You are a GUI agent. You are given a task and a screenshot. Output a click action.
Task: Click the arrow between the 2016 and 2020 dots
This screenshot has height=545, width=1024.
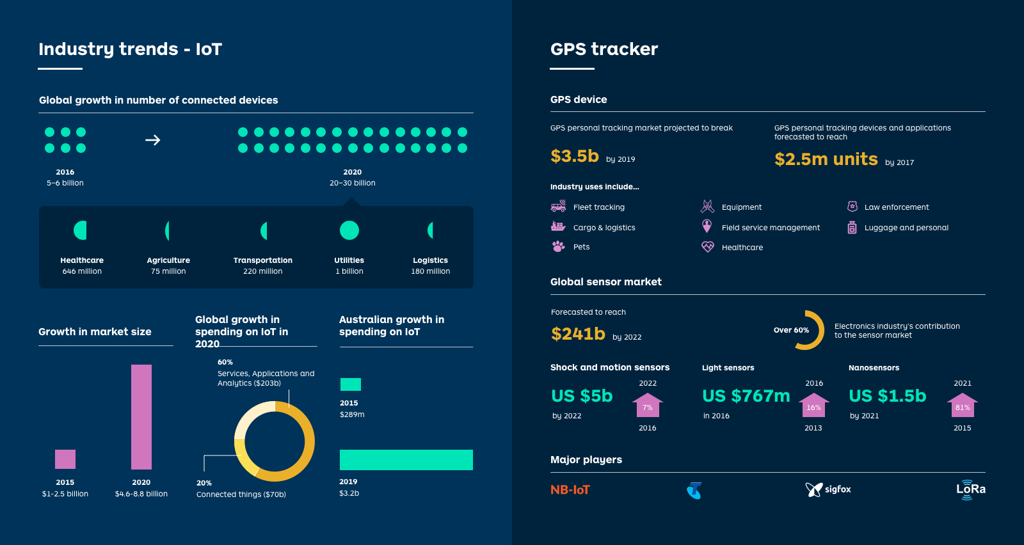click(x=152, y=140)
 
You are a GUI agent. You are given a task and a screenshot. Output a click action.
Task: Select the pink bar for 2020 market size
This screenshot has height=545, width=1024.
click(x=141, y=416)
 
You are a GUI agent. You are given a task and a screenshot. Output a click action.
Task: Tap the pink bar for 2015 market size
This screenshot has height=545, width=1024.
click(x=65, y=459)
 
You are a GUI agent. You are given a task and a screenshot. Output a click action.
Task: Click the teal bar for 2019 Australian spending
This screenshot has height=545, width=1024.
click(x=406, y=460)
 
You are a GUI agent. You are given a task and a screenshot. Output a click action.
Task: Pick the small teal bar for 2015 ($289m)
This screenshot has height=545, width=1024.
click(x=351, y=384)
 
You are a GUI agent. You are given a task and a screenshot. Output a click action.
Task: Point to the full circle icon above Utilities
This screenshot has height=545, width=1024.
click(x=349, y=230)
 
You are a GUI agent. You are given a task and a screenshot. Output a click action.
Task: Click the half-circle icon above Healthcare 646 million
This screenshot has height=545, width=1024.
click(x=81, y=230)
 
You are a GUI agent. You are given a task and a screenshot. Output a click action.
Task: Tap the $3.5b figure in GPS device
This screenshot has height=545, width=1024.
click(x=575, y=156)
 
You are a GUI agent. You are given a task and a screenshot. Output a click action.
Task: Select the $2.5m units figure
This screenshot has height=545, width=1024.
click(x=826, y=159)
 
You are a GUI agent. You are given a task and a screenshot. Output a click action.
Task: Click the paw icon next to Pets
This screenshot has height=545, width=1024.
click(x=558, y=246)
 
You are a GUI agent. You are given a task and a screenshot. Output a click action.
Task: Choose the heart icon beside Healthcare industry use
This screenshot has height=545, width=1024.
click(x=707, y=247)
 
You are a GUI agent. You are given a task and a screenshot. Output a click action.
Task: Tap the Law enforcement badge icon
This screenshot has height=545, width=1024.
click(x=852, y=207)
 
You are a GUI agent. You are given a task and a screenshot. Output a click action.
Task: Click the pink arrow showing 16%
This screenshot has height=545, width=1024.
click(x=813, y=406)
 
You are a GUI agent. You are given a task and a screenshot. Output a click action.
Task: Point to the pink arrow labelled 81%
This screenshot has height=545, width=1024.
click(x=963, y=406)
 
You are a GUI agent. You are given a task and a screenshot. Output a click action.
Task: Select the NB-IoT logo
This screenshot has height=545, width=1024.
click(x=570, y=490)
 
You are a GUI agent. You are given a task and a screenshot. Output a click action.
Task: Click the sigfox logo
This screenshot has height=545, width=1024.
click(x=828, y=489)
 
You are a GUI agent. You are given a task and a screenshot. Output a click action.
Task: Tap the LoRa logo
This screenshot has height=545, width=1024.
click(x=970, y=489)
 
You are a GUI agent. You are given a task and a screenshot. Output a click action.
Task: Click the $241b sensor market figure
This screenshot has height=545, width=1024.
click(x=578, y=334)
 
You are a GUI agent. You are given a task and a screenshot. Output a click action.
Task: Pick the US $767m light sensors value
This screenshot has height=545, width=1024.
click(x=746, y=396)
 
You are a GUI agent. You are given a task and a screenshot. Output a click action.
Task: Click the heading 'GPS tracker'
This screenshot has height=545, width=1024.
click(x=604, y=49)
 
